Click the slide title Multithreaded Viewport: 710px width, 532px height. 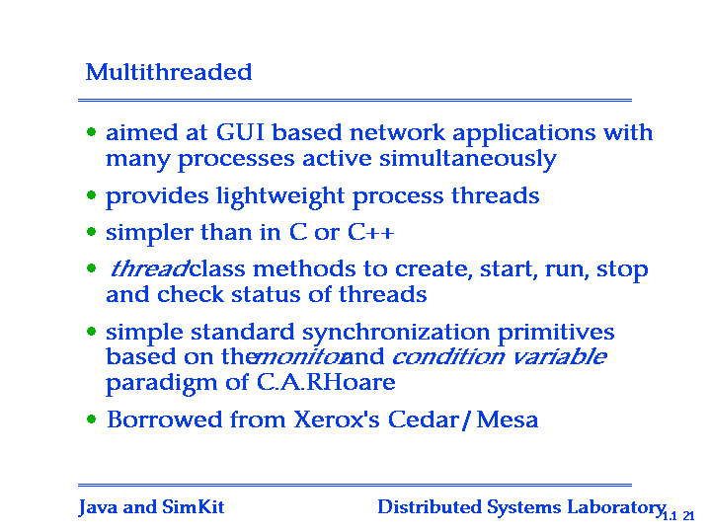click(169, 72)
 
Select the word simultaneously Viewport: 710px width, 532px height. click(468, 159)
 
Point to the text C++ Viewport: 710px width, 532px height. click(371, 232)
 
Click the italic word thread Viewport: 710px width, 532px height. click(149, 268)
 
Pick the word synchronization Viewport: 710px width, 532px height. click(396, 333)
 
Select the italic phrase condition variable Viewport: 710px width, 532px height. click(499, 356)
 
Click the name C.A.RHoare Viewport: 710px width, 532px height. click(326, 382)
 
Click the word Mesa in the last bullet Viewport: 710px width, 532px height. click(508, 419)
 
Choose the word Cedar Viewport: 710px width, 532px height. click(424, 419)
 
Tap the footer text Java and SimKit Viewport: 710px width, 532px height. click(151, 507)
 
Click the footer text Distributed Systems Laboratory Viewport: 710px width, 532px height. click(521, 507)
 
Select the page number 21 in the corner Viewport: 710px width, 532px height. click(688, 515)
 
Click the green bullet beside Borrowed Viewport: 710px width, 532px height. click(92, 419)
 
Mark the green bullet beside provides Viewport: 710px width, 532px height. click(92, 195)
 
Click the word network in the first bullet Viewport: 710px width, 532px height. click(397, 132)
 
